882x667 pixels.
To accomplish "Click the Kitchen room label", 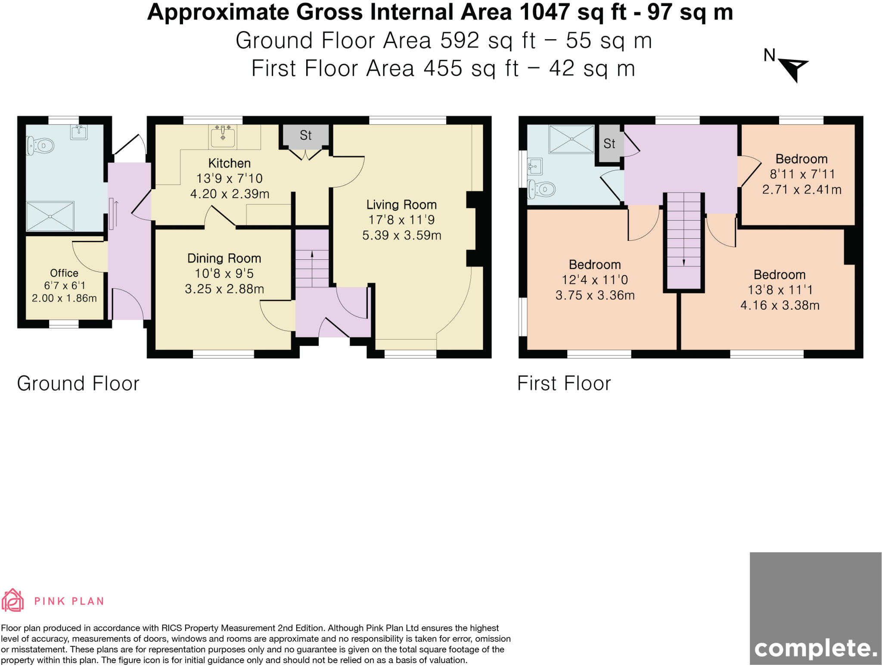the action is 230,163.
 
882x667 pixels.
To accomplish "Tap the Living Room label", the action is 401,205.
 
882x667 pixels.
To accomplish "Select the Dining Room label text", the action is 224,259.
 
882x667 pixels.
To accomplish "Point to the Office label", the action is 64,273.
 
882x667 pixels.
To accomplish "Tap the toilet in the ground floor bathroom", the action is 40,146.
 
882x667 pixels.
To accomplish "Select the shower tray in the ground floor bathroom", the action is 50,216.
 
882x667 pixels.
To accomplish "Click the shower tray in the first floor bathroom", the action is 571,139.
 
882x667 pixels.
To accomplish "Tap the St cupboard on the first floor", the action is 609,143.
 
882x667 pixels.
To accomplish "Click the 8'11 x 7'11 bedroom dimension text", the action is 802,174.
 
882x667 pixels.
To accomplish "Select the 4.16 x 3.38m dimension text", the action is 780,305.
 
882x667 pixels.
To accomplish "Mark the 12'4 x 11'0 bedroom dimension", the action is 595,280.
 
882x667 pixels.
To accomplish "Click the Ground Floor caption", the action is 78,383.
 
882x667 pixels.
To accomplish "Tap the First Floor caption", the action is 564,383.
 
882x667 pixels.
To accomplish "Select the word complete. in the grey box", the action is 816,648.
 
